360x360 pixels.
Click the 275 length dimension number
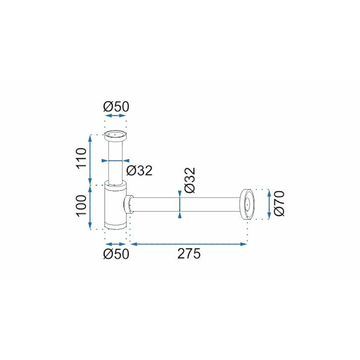(x=189, y=254)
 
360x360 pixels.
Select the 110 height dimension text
(x=82, y=159)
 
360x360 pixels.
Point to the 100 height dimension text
(x=82, y=206)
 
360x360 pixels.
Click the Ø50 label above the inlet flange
(x=116, y=106)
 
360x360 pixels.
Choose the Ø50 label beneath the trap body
(x=116, y=254)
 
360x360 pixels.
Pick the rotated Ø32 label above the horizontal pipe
(x=189, y=179)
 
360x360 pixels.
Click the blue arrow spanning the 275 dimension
(x=189, y=244)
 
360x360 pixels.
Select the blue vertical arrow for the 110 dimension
(x=91, y=160)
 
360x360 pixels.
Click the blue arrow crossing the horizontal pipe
(x=180, y=204)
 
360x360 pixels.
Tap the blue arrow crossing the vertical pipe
(x=115, y=161)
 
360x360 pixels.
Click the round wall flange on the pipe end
(x=246, y=204)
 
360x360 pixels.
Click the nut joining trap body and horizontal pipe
(x=129, y=204)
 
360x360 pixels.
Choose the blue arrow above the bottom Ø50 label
(x=116, y=244)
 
